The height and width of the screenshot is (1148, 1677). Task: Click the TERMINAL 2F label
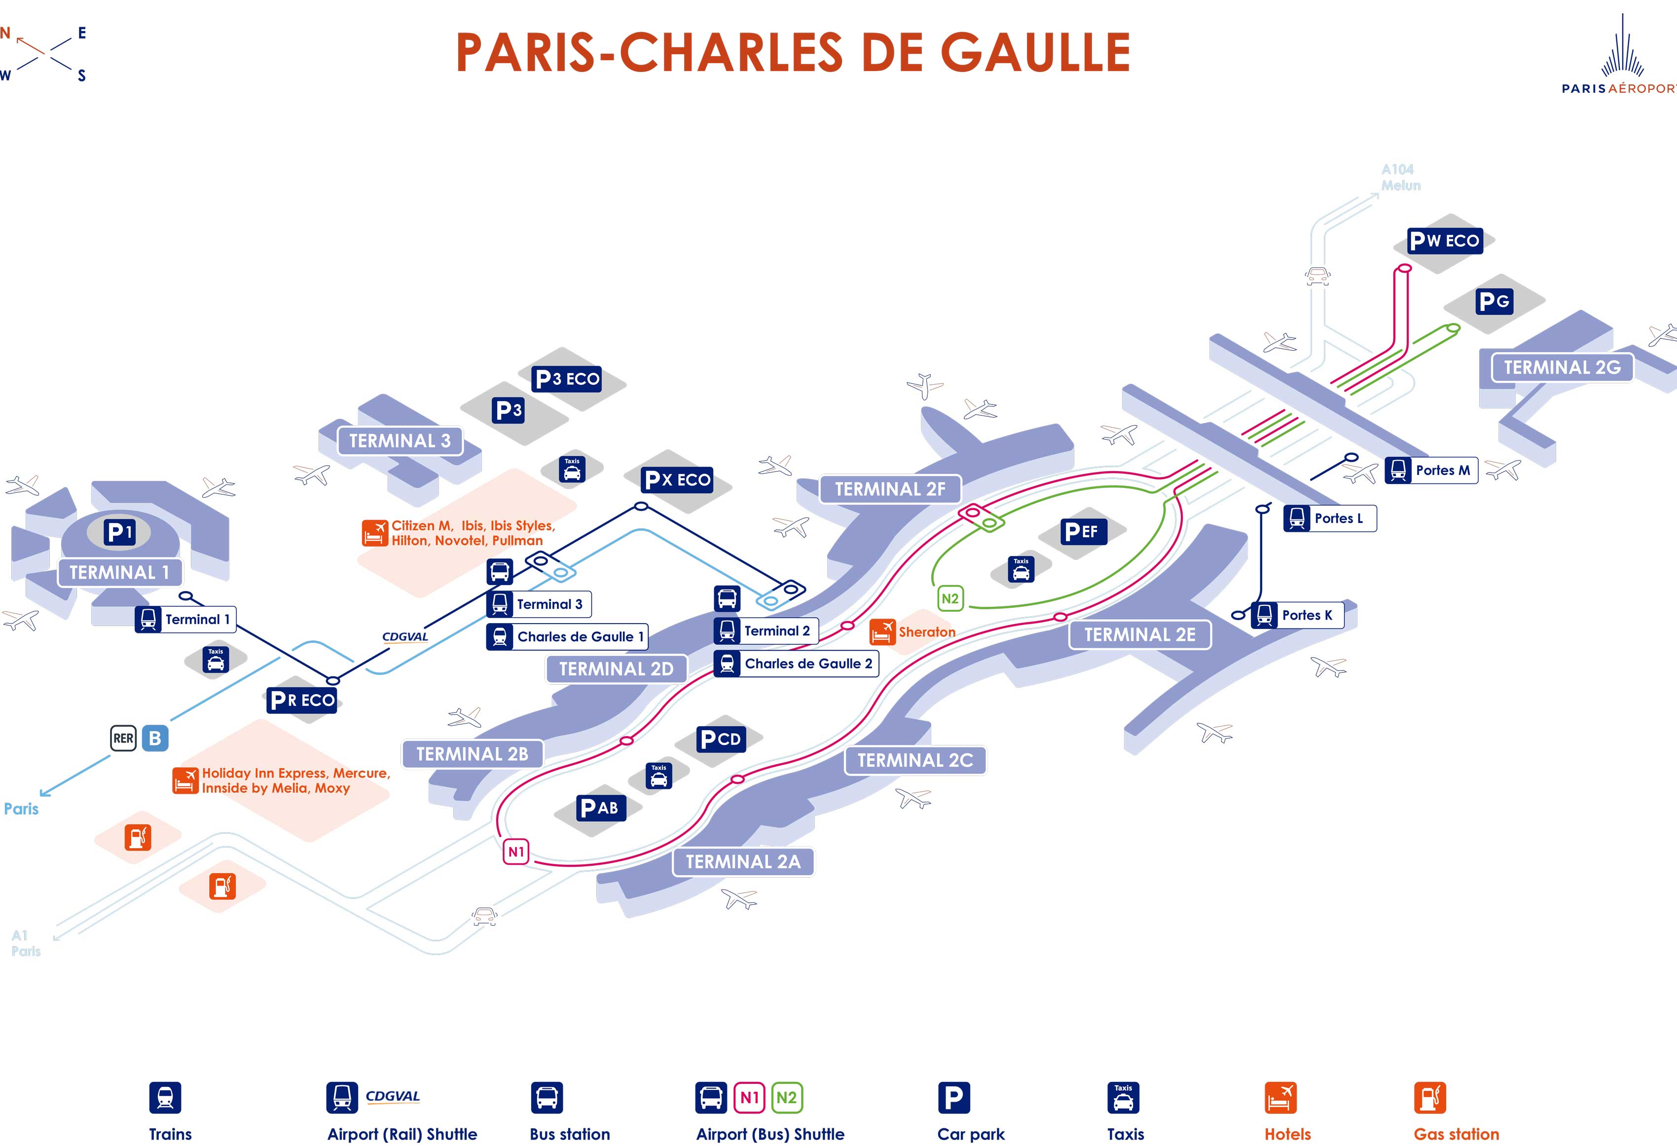(x=890, y=489)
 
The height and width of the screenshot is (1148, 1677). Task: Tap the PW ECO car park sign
(x=1445, y=240)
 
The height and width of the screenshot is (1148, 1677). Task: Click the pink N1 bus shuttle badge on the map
(x=516, y=852)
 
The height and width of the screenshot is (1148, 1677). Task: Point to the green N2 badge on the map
(x=949, y=598)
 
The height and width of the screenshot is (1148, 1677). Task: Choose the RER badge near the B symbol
(x=123, y=738)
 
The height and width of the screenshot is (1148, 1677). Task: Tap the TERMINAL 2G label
(x=1562, y=367)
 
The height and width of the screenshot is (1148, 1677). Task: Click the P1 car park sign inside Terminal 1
(x=119, y=532)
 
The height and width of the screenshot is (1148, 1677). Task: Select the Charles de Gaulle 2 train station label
(x=796, y=663)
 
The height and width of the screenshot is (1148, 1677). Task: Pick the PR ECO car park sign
(x=302, y=700)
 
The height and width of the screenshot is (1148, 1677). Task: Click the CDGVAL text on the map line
(x=405, y=636)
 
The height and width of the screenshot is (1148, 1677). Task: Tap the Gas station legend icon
(x=1429, y=1098)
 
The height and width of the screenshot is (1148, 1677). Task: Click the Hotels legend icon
(x=1280, y=1098)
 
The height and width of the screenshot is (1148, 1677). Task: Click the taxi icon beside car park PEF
(x=1021, y=569)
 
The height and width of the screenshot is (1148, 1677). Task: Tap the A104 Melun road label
(x=1400, y=177)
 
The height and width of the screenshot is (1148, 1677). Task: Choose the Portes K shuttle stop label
(x=1297, y=615)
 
